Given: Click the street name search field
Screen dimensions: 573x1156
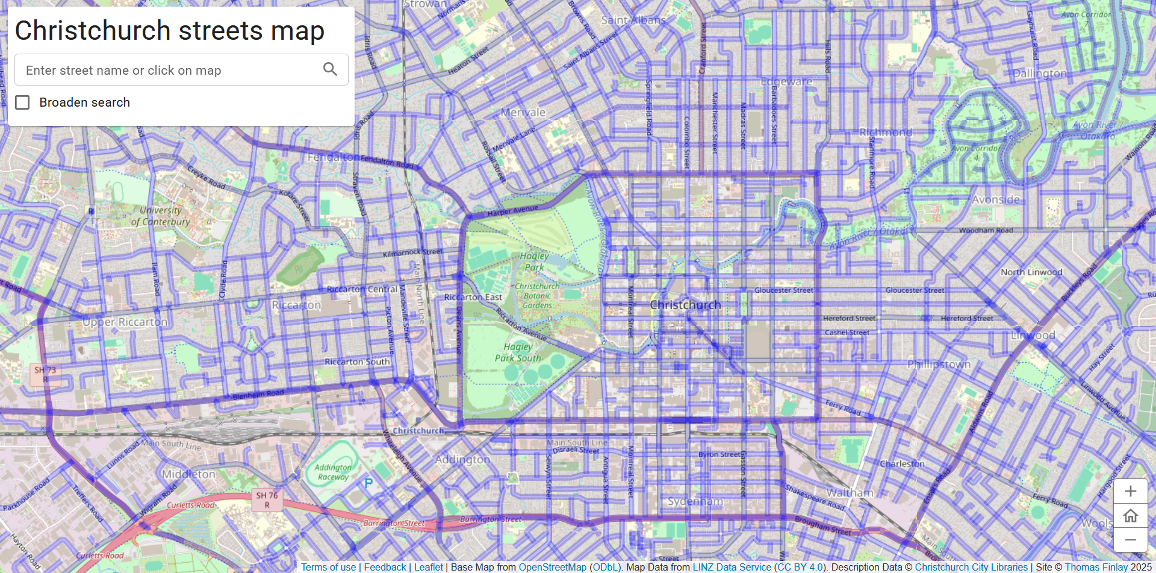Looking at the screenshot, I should pyautogui.click(x=169, y=70).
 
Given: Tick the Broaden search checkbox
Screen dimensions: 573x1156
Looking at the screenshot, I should pyautogui.click(x=23, y=102).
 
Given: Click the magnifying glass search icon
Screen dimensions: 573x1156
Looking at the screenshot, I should pyautogui.click(x=330, y=69).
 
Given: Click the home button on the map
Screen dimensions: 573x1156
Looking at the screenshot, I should pyautogui.click(x=1130, y=516).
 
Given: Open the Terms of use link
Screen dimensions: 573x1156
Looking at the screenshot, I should pyautogui.click(x=329, y=567).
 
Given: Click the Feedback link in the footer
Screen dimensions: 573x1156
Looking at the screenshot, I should pyautogui.click(x=385, y=567).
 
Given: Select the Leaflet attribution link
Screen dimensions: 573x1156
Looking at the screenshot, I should pyautogui.click(x=428, y=567).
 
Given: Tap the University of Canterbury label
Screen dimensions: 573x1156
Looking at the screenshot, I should pyautogui.click(x=160, y=216).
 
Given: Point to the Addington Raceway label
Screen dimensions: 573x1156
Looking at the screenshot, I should pyautogui.click(x=332, y=472).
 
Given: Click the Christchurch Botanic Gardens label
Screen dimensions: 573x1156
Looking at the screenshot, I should pyautogui.click(x=537, y=296).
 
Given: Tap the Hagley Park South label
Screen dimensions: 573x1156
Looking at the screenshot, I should pyautogui.click(x=518, y=352).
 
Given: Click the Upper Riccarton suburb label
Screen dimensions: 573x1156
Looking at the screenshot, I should pyautogui.click(x=125, y=322).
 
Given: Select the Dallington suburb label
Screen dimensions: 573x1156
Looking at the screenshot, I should pyautogui.click(x=1039, y=74).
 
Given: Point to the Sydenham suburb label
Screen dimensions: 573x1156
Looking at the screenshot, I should pyautogui.click(x=695, y=501).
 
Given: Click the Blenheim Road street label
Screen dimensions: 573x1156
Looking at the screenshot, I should pyautogui.click(x=258, y=395).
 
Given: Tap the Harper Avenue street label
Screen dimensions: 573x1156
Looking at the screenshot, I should pyautogui.click(x=512, y=210).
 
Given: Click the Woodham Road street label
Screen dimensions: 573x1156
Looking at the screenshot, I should pyautogui.click(x=986, y=230).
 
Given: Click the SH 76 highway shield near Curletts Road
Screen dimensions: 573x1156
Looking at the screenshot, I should pyautogui.click(x=267, y=499).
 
